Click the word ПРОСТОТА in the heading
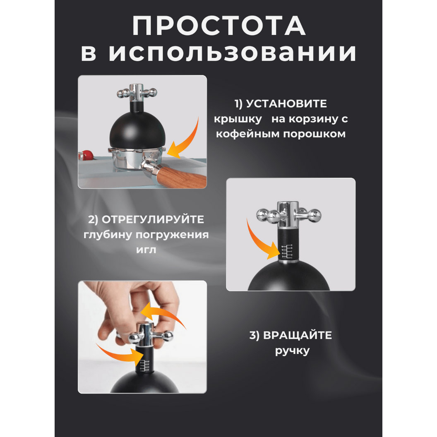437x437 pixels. tap(219, 26)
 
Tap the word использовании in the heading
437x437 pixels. tap(233, 53)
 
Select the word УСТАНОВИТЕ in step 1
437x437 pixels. tap(286, 104)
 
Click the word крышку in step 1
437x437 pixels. tap(238, 119)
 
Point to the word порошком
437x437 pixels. tap(315, 134)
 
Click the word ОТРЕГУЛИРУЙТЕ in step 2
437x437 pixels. tap(153, 220)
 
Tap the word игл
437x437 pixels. tap(146, 250)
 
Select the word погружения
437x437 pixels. tap(172, 235)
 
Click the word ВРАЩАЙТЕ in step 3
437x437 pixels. tap(298, 336)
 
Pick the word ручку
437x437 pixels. tap(292, 351)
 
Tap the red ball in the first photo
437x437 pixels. tap(88, 155)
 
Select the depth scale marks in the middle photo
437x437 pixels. tap(287, 251)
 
